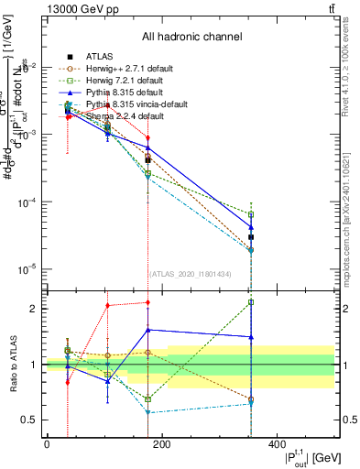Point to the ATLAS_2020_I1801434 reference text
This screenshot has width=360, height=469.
(191, 273)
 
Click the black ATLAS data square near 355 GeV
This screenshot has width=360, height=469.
(250, 237)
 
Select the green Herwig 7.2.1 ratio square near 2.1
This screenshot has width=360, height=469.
(250, 302)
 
